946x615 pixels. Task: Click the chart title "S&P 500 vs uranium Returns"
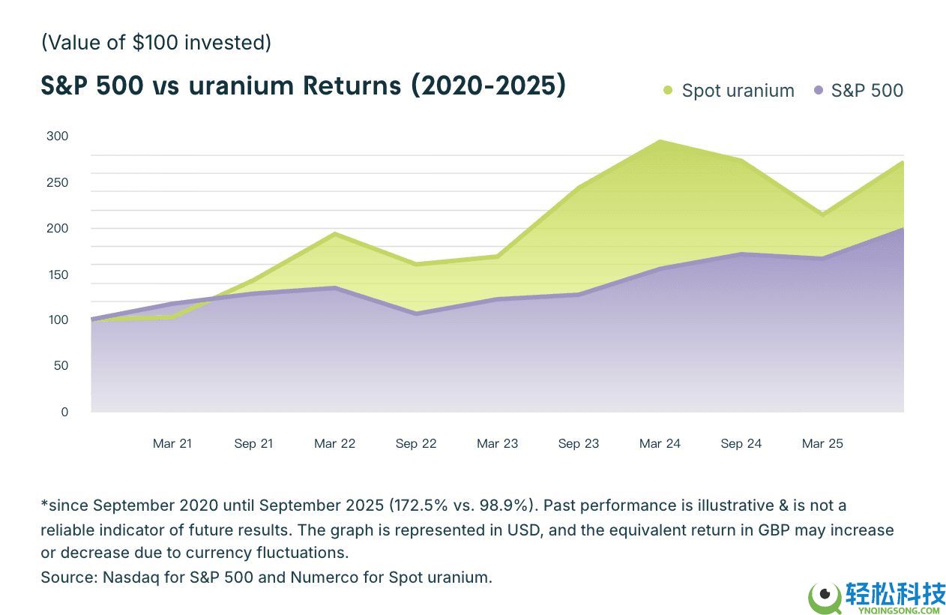(x=303, y=86)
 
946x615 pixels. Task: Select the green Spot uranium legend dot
(x=668, y=91)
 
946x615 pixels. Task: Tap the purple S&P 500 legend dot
(x=818, y=91)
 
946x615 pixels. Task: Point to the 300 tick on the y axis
(x=57, y=136)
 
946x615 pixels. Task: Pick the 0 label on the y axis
(x=64, y=412)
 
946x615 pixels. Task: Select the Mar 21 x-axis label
(x=172, y=443)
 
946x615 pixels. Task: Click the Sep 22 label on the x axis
(x=416, y=443)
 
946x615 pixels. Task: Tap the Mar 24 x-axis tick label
(x=660, y=443)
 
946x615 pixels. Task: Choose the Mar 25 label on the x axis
(x=822, y=443)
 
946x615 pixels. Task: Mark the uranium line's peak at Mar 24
(x=660, y=141)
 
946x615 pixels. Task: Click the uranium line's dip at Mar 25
(x=822, y=214)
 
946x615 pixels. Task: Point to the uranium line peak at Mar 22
(x=335, y=233)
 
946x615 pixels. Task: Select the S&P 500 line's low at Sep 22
(x=416, y=313)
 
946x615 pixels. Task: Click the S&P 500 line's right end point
(x=903, y=227)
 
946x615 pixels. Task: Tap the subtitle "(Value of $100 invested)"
(x=156, y=43)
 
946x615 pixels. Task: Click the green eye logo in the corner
(x=824, y=597)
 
